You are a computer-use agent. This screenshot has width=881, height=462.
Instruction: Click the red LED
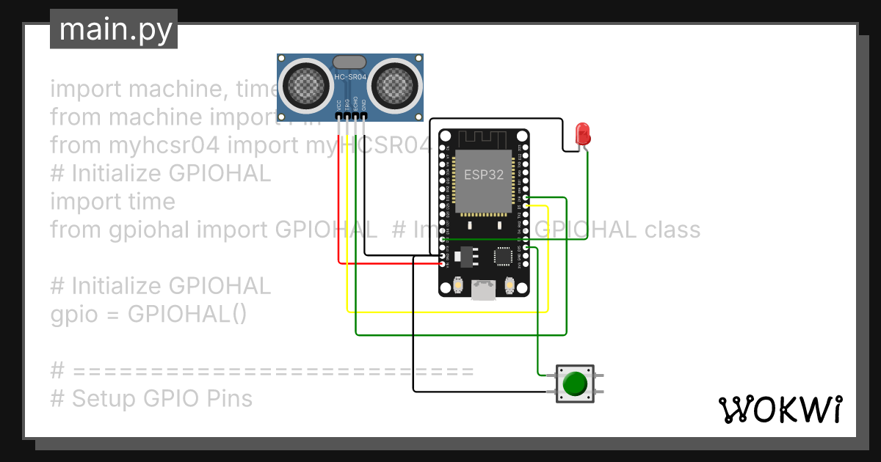583,133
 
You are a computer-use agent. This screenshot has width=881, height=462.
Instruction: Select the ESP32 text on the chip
484,175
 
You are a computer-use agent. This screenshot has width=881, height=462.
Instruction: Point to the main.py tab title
114,30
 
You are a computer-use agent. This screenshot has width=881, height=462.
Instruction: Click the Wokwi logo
779,410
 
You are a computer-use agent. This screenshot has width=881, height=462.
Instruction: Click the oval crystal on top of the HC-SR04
350,62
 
